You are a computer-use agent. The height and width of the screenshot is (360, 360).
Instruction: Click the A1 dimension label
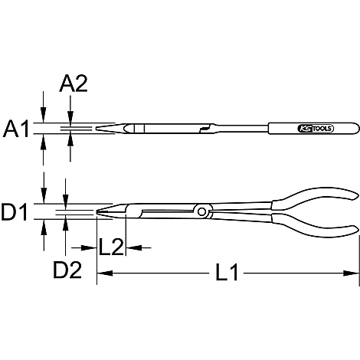pos(16,129)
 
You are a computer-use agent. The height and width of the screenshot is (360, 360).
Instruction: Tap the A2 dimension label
pos(74,83)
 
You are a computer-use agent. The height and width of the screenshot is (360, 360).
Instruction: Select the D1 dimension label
pos(15,211)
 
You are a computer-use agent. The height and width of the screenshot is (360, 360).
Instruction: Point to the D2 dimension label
pos(67,270)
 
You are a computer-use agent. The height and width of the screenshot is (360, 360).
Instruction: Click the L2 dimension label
pos(111,247)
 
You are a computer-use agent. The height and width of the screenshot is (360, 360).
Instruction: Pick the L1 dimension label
pos(227,273)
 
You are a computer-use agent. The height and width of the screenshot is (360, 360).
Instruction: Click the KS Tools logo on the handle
pos(316,129)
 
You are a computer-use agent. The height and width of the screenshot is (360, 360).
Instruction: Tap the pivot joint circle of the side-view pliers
pos(201,211)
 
